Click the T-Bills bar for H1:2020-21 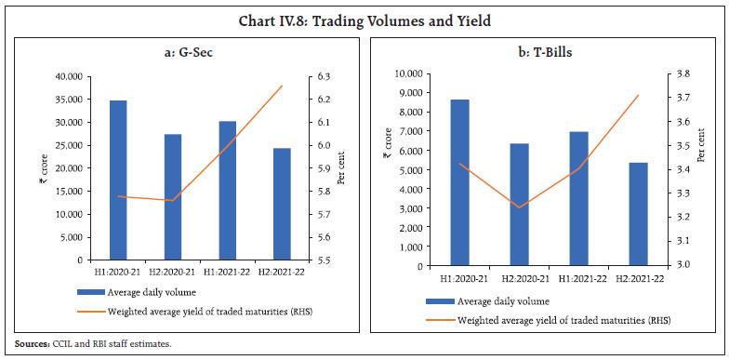point(459,182)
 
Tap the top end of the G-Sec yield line point(283,86)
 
